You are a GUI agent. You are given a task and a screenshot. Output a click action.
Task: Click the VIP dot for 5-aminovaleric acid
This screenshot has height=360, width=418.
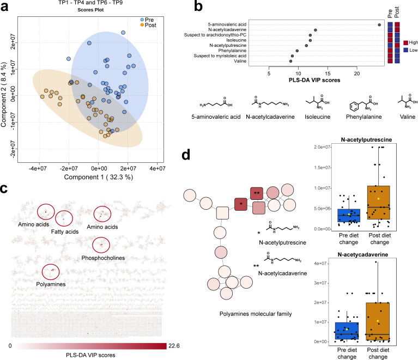click(379, 25)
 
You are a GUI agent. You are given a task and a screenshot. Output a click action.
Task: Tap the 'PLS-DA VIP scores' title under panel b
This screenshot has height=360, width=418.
click(311, 81)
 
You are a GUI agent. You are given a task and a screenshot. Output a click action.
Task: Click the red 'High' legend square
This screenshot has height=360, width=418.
click(407, 42)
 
